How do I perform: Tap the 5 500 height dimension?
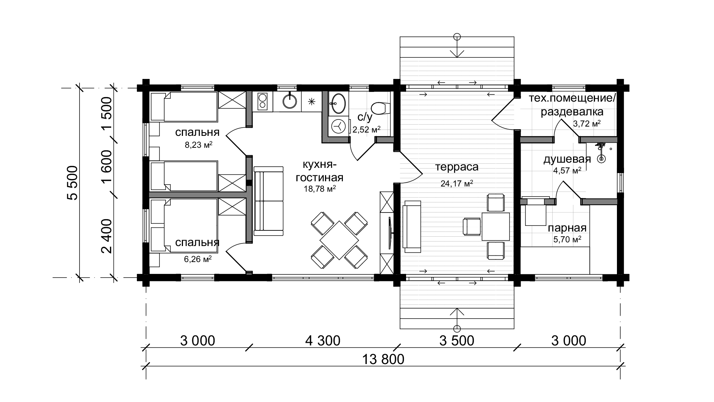pyautogui.click(x=73, y=183)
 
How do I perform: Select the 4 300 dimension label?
pyautogui.click(x=323, y=341)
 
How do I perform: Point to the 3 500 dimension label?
pyautogui.click(x=457, y=341)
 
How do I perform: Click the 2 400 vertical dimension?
pyautogui.click(x=107, y=236)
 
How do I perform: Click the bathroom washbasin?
pyautogui.click(x=338, y=103)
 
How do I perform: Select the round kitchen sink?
pyautogui.click(x=290, y=101)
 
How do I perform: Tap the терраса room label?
pyautogui.click(x=457, y=167)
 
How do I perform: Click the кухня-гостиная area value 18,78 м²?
pyautogui.click(x=320, y=189)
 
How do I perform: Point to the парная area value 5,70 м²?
pyautogui.click(x=567, y=240)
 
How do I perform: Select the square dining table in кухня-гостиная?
pyautogui.click(x=339, y=240)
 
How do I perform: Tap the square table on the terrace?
pyautogui.click(x=496, y=226)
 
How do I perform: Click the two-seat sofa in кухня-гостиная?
pyautogui.click(x=269, y=201)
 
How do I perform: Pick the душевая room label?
pyautogui.click(x=567, y=159)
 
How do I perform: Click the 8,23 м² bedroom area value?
pyautogui.click(x=199, y=145)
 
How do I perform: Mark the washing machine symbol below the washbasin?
pyautogui.click(x=338, y=127)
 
